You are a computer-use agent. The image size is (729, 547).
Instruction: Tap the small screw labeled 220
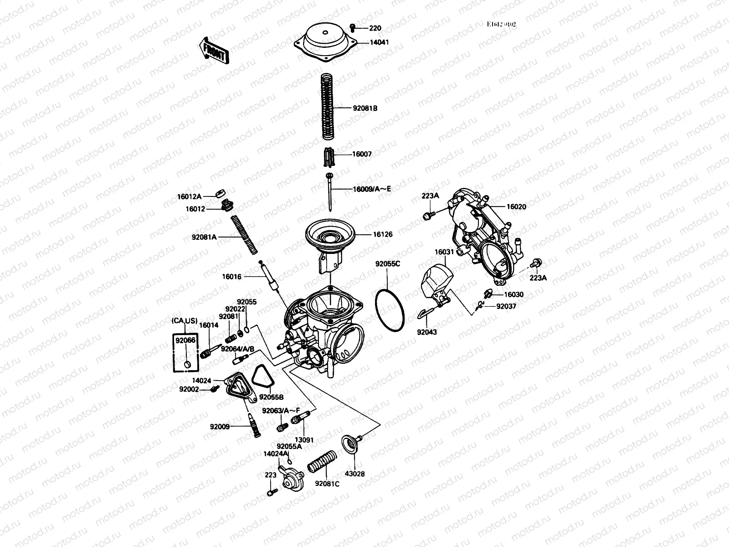[352, 28]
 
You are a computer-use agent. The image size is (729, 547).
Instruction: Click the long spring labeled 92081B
[328, 107]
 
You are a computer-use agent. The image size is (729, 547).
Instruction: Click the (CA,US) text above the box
[185, 321]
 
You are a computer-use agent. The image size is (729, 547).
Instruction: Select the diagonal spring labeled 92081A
[244, 234]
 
